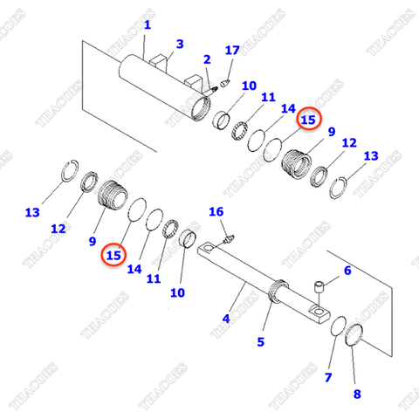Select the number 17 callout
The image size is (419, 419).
231,51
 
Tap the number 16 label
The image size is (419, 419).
216,212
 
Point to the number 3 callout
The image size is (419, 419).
180,44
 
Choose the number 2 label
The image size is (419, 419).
207,59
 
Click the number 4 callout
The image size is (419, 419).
347,271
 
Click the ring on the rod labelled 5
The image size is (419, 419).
280,290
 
